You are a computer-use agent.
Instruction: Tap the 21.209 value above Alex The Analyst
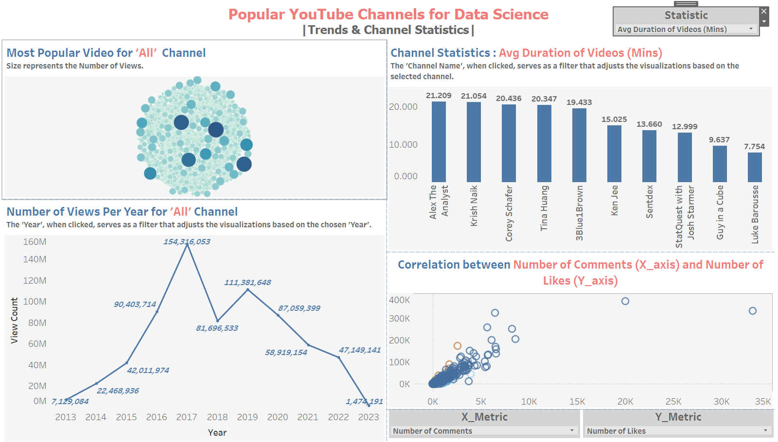click(x=439, y=96)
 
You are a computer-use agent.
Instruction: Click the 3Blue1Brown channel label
click(x=579, y=213)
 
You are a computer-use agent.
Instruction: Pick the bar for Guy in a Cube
click(x=720, y=164)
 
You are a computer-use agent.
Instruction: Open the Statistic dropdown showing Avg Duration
click(x=686, y=30)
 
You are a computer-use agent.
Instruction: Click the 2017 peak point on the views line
click(x=187, y=245)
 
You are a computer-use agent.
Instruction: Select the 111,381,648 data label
click(x=248, y=283)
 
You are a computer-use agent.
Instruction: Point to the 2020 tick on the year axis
click(x=278, y=417)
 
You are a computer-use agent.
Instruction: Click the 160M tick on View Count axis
click(x=35, y=242)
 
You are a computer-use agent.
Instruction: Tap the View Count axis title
click(x=14, y=321)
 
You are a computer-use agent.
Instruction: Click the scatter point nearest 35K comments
click(x=752, y=311)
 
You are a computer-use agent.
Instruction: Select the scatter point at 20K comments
click(x=625, y=301)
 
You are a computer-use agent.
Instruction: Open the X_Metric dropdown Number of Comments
click(x=484, y=431)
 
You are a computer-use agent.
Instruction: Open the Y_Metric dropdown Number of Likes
click(x=678, y=431)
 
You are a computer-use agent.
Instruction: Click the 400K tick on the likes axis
click(x=399, y=300)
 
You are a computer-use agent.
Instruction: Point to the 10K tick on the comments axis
click(x=529, y=402)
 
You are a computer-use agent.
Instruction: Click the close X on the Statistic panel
click(x=764, y=11)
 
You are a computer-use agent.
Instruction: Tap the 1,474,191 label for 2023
click(x=364, y=402)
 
